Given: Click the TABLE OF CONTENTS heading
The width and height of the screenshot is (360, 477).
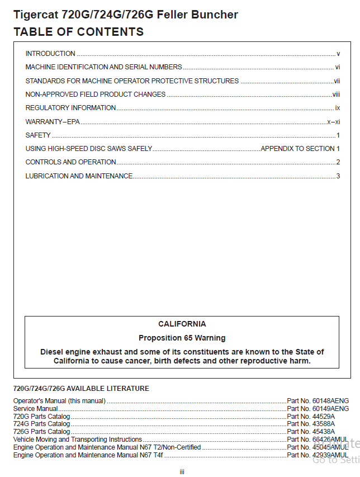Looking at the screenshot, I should (78, 32).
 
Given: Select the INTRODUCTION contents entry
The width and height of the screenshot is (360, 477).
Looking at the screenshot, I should (50, 54).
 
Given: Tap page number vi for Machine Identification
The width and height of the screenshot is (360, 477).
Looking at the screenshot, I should (338, 67).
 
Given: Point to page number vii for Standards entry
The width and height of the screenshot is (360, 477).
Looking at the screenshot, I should (337, 81).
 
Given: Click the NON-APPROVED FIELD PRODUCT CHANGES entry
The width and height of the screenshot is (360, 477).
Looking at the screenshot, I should (96, 95).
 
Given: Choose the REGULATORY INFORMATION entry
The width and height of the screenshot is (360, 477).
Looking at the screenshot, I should (71, 108).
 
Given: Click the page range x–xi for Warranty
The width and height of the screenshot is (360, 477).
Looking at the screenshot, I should (334, 121).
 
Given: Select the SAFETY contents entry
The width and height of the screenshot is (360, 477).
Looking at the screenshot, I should (38, 135).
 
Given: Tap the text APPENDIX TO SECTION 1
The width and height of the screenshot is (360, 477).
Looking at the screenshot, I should (300, 149).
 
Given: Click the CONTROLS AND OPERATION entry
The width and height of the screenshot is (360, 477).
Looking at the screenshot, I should (71, 162).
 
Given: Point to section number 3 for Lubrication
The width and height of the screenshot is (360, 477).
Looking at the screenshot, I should (338, 176).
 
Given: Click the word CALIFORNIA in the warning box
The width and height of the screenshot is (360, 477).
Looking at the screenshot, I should (182, 324).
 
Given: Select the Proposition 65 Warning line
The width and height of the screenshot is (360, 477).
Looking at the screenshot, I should (182, 338).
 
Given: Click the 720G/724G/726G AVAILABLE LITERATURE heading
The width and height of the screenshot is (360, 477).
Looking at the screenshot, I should (81, 389).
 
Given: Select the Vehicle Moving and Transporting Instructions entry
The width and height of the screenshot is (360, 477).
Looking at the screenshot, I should (78, 440).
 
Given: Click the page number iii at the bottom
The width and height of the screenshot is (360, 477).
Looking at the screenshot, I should (182, 472).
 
